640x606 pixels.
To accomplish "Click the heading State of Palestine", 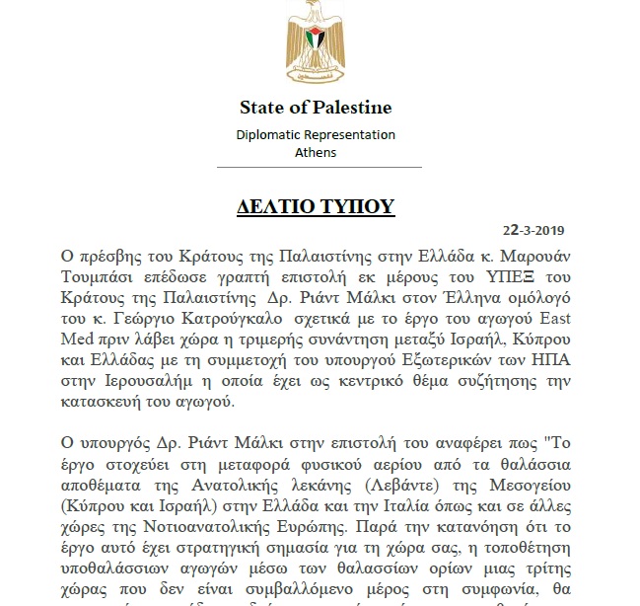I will point(315,108).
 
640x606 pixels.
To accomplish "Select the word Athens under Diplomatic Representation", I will point(316,153).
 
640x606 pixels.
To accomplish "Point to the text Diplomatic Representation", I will point(316,135).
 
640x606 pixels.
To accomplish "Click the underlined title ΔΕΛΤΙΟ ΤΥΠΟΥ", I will point(316,206).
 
